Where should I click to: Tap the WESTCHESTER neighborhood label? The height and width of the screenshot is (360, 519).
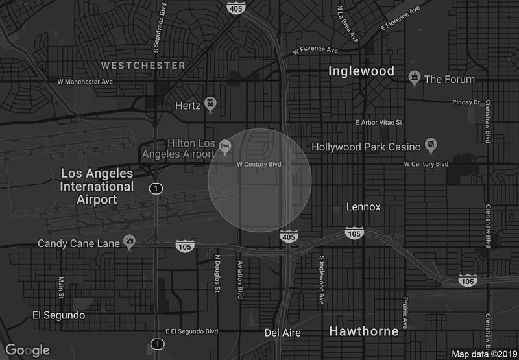(x=143, y=66)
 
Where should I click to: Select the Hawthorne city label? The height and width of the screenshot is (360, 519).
(x=364, y=331)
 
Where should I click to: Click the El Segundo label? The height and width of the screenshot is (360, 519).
(x=58, y=315)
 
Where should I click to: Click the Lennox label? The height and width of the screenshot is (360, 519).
(x=363, y=207)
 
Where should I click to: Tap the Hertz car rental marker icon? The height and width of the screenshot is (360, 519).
(x=210, y=104)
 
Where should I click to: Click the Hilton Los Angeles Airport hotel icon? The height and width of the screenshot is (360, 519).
(x=224, y=146)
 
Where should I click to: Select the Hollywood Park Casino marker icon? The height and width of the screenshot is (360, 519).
(x=430, y=144)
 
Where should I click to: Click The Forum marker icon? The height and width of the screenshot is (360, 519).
(x=413, y=78)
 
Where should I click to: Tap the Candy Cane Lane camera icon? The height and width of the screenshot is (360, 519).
(x=129, y=243)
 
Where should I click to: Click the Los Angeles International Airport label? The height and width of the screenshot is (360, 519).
(x=97, y=187)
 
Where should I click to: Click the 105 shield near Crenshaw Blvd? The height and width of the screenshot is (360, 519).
(x=466, y=280)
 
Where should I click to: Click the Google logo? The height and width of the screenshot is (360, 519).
(x=28, y=350)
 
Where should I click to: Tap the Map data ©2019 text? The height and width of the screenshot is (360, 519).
(x=483, y=354)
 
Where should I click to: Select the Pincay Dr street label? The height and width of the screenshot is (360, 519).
(x=466, y=102)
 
